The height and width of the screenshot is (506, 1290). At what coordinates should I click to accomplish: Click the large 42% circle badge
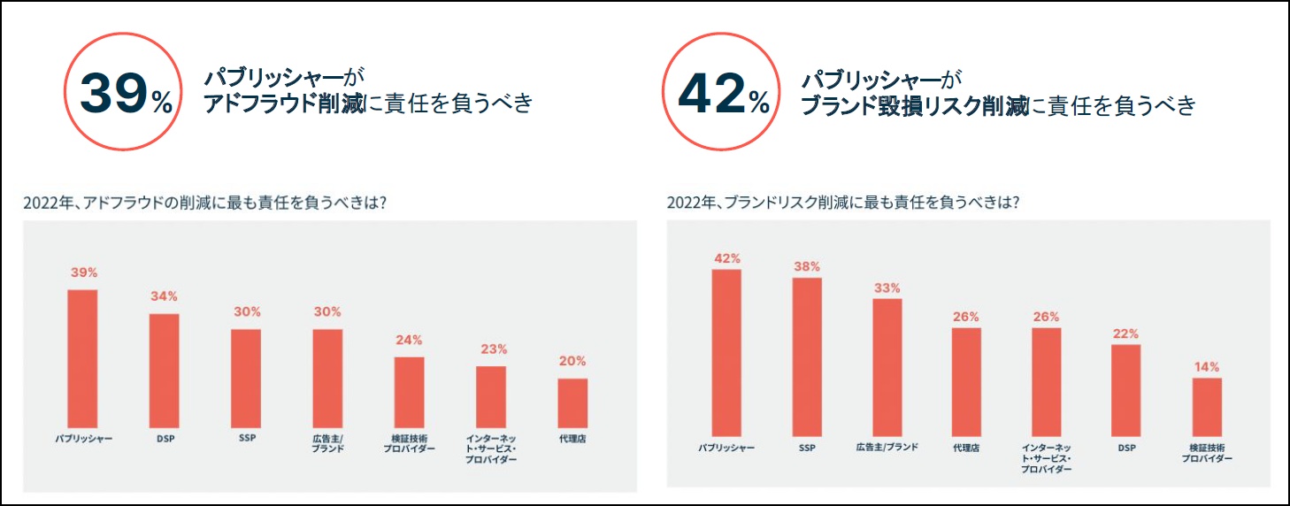click(x=721, y=93)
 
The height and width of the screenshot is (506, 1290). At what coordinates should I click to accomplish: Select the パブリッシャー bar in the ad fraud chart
click(x=83, y=358)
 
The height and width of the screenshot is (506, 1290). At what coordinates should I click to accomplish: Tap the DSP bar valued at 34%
click(x=164, y=371)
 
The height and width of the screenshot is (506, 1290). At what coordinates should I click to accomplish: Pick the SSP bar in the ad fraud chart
click(x=246, y=378)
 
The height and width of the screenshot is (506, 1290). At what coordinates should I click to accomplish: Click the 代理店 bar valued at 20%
click(x=572, y=402)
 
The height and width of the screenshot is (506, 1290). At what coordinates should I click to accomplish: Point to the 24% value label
click(x=409, y=340)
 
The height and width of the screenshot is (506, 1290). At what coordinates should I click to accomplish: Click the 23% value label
click(x=491, y=349)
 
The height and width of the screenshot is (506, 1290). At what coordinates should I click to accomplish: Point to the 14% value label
click(x=1207, y=366)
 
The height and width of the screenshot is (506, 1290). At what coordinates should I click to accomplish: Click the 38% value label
click(x=807, y=266)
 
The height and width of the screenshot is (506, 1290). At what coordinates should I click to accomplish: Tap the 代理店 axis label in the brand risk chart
click(x=966, y=448)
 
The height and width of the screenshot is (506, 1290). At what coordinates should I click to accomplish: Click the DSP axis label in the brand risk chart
click(x=1126, y=448)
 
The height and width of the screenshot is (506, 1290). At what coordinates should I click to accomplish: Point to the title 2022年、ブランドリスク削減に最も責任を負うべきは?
click(x=842, y=202)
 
